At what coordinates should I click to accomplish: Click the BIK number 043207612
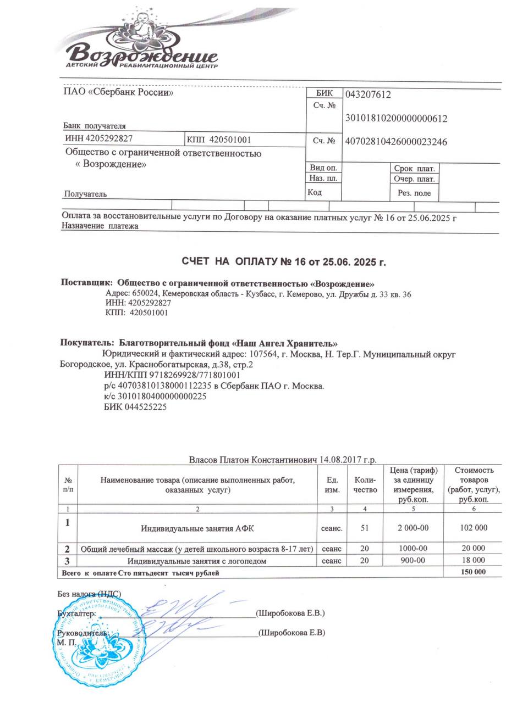tap(368, 95)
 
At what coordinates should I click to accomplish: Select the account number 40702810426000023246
tap(395, 142)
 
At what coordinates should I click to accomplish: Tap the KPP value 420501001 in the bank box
tap(219, 140)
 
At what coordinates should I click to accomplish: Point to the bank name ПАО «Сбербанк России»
tap(119, 93)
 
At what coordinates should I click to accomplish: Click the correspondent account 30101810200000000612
tap(396, 118)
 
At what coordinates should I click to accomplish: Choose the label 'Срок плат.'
tap(414, 169)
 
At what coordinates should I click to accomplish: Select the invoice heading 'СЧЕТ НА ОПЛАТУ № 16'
tap(284, 261)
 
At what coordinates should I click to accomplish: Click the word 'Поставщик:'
tap(86, 284)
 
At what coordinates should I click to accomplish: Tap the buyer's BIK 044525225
tap(135, 407)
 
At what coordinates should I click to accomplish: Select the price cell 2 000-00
tap(413, 528)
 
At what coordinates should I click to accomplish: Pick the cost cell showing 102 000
tap(472, 528)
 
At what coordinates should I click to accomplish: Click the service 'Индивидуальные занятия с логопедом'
tap(197, 561)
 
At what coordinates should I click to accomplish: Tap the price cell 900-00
tap(413, 561)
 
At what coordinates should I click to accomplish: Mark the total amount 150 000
tap(472, 572)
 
